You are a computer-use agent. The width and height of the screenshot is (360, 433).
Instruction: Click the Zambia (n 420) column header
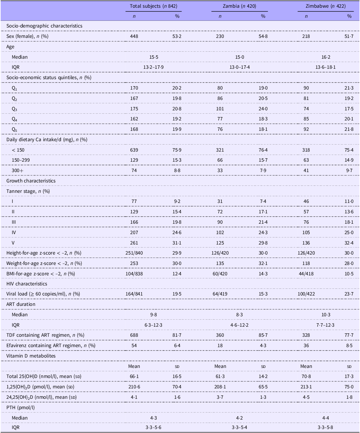click(240, 6)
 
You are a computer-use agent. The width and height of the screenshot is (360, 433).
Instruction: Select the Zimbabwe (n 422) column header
click(325, 6)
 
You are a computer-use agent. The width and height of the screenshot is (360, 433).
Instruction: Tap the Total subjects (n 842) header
click(154, 6)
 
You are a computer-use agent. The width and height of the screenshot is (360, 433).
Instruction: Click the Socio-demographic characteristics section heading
click(44, 26)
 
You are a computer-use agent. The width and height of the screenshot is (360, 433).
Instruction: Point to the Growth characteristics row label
click(31, 181)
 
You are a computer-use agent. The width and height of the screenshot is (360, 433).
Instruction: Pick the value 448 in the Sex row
click(134, 36)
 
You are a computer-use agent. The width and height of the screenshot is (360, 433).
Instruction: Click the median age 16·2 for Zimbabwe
click(326, 57)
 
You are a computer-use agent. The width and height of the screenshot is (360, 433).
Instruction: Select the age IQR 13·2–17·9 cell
click(154, 67)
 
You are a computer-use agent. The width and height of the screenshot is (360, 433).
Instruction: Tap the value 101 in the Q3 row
click(220, 109)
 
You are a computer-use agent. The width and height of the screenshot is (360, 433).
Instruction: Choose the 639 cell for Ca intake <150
click(134, 150)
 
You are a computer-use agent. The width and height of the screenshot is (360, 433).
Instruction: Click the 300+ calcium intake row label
click(17, 170)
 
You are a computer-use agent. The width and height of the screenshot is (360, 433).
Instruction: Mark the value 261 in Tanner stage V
click(134, 243)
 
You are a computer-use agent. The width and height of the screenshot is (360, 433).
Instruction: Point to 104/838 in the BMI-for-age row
click(134, 274)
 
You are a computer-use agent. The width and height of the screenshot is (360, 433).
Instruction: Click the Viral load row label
click(43, 294)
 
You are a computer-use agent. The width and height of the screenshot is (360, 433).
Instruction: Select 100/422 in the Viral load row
click(306, 294)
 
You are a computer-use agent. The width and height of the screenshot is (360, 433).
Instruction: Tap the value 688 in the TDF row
click(134, 335)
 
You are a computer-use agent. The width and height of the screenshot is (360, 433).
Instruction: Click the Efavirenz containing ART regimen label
click(51, 345)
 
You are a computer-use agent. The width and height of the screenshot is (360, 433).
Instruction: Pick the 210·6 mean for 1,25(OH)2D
click(134, 387)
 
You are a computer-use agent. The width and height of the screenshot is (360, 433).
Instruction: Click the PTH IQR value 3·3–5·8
click(325, 427)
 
